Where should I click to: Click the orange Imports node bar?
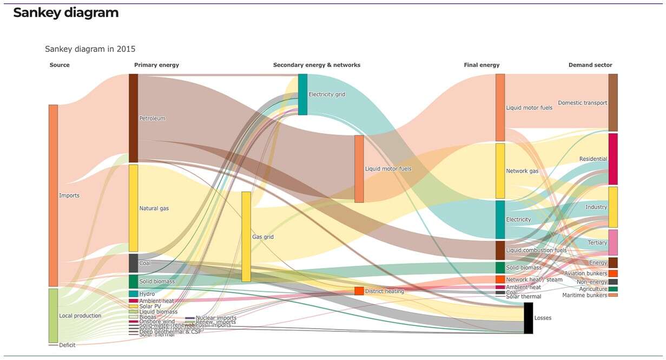pyautogui.click(x=53, y=195)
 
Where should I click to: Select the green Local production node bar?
pyautogui.click(x=53, y=315)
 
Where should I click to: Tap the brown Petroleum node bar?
pyautogui.click(x=133, y=117)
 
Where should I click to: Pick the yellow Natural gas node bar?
pyautogui.click(x=133, y=208)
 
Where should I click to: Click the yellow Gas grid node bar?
pyautogui.click(x=246, y=237)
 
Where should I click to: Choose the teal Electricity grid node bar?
pyautogui.click(x=302, y=94)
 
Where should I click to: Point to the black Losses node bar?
pyautogui.click(x=528, y=318)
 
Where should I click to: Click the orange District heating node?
pyautogui.click(x=359, y=291)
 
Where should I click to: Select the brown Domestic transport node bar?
pyautogui.click(x=613, y=102)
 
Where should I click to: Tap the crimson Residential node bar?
pyautogui.click(x=613, y=159)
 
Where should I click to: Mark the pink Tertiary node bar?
pyautogui.click(x=613, y=242)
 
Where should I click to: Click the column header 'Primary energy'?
pyautogui.click(x=156, y=65)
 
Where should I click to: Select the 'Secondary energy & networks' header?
pyautogui.click(x=316, y=65)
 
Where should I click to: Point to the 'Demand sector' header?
pyautogui.click(x=590, y=65)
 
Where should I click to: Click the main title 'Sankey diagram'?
pyautogui.click(x=65, y=13)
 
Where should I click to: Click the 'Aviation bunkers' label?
pyautogui.click(x=585, y=273)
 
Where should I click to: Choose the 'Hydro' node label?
pyautogui.click(x=147, y=294)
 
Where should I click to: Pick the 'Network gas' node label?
pyautogui.click(x=522, y=171)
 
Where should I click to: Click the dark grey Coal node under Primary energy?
pyautogui.click(x=133, y=263)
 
